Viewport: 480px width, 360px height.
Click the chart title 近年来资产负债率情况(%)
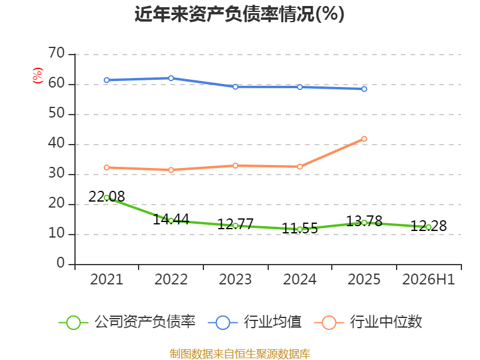coord(239,14)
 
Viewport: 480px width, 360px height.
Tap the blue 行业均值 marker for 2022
coord(171,78)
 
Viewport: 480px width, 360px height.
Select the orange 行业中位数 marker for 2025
coord(364,139)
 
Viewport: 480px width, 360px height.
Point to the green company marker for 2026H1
coord(428,227)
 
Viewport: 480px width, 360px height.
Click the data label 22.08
coord(107,197)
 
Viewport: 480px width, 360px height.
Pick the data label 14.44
coord(171,219)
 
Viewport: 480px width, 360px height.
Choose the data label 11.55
coord(299,228)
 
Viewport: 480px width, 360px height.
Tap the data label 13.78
coord(364,221)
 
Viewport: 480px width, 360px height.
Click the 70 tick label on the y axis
coord(56,53)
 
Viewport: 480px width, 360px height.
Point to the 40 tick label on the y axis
coord(56,143)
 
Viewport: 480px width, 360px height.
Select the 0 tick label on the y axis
coord(61,263)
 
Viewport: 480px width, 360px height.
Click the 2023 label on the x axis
coord(235,279)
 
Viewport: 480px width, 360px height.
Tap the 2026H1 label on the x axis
coord(428,279)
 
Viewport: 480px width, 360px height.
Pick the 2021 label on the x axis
coord(107,279)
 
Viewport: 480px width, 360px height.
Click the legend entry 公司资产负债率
coord(127,322)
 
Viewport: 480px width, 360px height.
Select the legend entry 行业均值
coord(254,322)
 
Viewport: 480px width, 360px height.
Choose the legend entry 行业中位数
coord(368,322)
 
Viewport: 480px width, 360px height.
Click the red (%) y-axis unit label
coord(38,76)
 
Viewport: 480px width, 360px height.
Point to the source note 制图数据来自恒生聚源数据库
coord(240,354)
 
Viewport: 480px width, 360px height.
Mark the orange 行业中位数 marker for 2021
coord(107,167)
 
